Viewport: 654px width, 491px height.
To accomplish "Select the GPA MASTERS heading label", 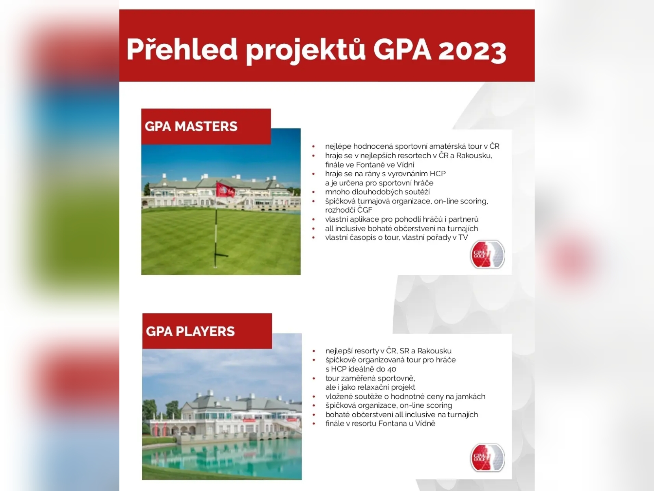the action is point(191,127).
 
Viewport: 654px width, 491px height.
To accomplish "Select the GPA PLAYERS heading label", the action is point(190,332).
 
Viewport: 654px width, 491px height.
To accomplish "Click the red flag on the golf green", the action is point(225,190).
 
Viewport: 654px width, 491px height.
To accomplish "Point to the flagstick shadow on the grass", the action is point(221,255).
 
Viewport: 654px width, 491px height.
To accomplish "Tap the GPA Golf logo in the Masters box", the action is point(487,254).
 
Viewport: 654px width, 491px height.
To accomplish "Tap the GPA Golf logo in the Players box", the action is point(487,457).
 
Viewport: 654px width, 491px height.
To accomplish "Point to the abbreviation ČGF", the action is point(365,210).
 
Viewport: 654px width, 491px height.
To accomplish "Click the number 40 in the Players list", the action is point(392,369).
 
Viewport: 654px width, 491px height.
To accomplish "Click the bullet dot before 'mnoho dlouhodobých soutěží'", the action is point(314,192).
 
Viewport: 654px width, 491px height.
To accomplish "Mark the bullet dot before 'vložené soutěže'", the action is point(314,397).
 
